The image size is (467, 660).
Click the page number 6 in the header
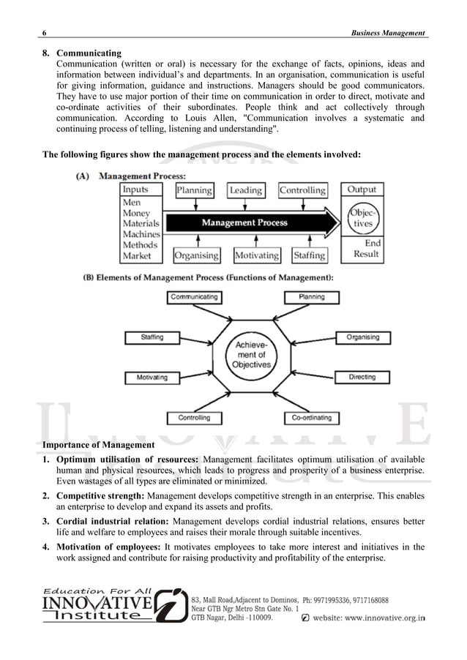45,34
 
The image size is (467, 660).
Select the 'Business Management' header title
389,34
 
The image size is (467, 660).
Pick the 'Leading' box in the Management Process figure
246,190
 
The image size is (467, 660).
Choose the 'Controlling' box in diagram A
302,190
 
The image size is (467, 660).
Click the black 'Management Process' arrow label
244,222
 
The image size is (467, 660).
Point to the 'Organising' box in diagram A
196,255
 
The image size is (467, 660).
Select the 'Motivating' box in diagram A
256,255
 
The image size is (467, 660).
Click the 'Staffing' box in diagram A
309,255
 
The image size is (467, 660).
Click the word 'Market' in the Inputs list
137,256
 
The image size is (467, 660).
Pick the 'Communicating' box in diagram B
194,297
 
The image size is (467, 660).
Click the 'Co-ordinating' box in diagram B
311,418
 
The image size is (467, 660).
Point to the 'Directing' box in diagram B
362,378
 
